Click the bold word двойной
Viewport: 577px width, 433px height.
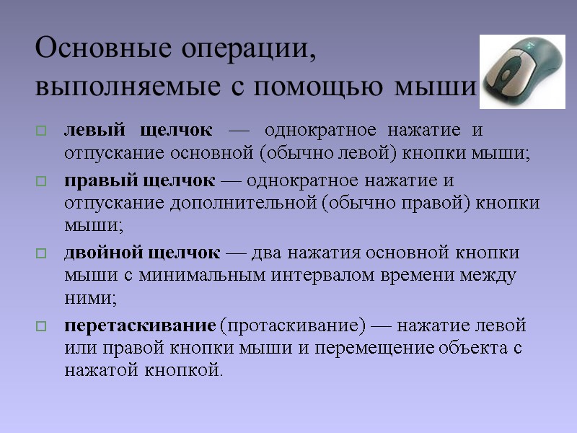tap(103, 253)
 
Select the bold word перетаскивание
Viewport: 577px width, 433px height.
tap(141, 325)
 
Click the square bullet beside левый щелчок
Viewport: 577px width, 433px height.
tap(40, 132)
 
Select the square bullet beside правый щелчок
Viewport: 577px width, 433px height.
tap(40, 180)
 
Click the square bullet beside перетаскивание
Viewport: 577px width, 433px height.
tap(40, 326)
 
